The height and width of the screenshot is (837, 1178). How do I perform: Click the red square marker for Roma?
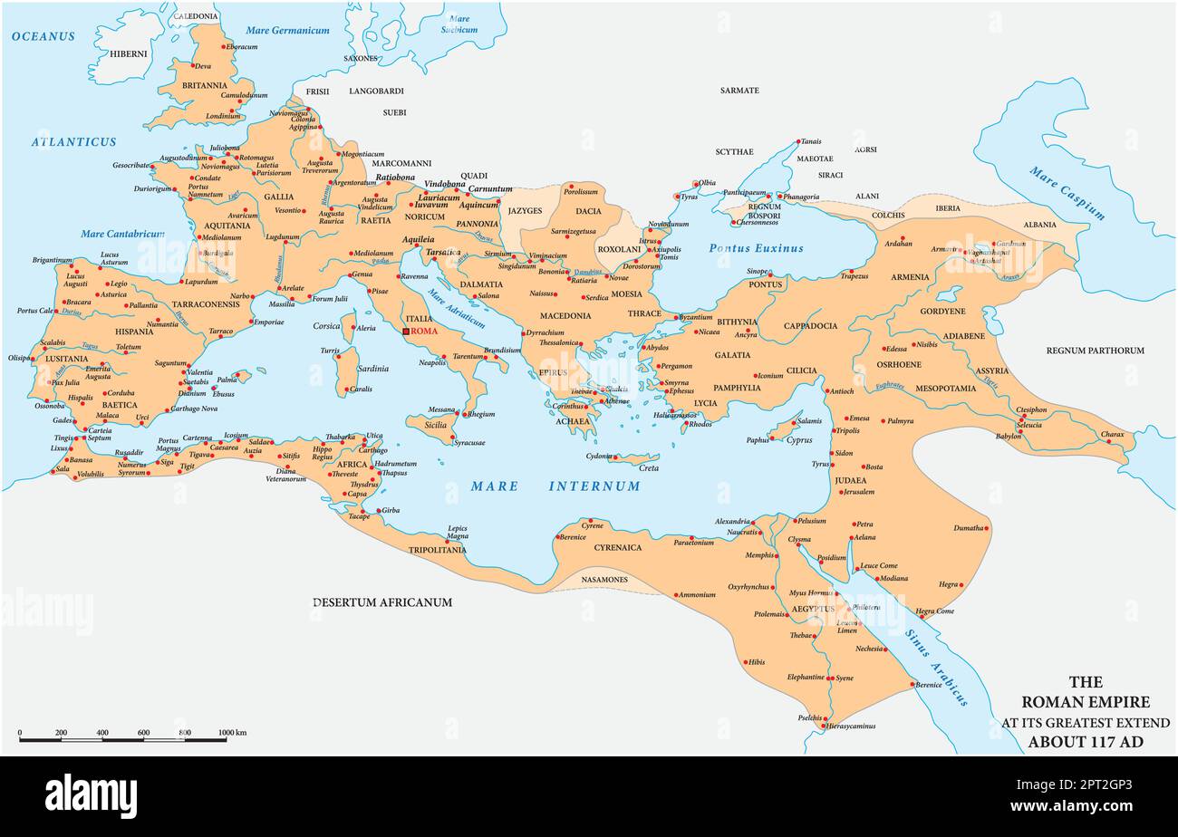pyautogui.click(x=406, y=332)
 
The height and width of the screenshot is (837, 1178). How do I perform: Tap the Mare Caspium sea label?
pyautogui.click(x=1067, y=193)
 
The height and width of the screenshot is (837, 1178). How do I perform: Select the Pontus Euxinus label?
pyautogui.click(x=756, y=248)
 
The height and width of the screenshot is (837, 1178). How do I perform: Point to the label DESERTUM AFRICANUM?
pyautogui.click(x=381, y=602)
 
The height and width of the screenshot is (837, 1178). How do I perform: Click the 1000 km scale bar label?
pyautogui.click(x=232, y=733)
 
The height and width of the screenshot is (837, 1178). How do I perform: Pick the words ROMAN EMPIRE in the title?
pyautogui.click(x=1085, y=702)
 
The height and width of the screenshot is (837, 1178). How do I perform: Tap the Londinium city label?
pyautogui.click(x=223, y=116)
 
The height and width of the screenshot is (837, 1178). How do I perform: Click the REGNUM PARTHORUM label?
pyautogui.click(x=1095, y=351)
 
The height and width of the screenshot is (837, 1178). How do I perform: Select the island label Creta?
pyautogui.click(x=649, y=468)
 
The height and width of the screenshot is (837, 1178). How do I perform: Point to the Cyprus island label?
pyautogui.click(x=799, y=440)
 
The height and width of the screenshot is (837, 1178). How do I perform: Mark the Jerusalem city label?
pyautogui.click(x=857, y=492)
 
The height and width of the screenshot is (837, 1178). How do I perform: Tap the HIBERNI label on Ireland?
pyautogui.click(x=129, y=53)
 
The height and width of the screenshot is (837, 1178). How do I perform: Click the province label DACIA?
pyautogui.click(x=588, y=211)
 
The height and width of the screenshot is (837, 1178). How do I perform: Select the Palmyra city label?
pyautogui.click(x=900, y=421)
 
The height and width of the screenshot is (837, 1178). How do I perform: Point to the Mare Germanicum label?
pyautogui.click(x=288, y=31)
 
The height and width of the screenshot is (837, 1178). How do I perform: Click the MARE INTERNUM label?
pyautogui.click(x=555, y=486)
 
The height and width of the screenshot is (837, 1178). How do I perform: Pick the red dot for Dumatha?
pyautogui.click(x=986, y=527)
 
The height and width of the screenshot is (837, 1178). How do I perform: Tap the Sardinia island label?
pyautogui.click(x=372, y=369)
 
